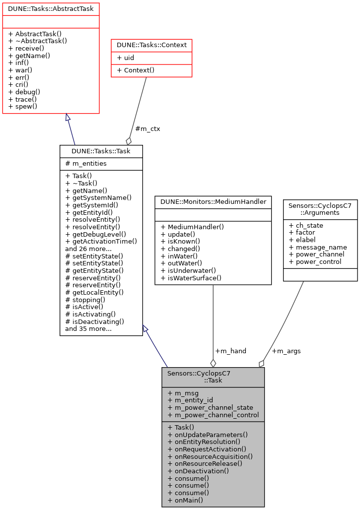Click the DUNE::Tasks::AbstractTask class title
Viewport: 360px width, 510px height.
coord(51,8)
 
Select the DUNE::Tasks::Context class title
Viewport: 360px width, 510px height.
coord(151,45)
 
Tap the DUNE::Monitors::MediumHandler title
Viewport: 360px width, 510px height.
coord(213,201)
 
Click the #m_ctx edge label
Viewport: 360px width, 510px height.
coord(147,128)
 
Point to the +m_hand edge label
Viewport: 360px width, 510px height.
coord(230,351)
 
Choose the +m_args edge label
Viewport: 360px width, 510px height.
coord(286,351)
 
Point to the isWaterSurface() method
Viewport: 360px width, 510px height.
coord(191,278)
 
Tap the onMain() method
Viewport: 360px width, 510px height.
coord(185,500)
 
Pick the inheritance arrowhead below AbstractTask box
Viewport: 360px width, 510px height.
coord(68,118)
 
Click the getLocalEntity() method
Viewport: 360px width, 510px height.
coord(94,293)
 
